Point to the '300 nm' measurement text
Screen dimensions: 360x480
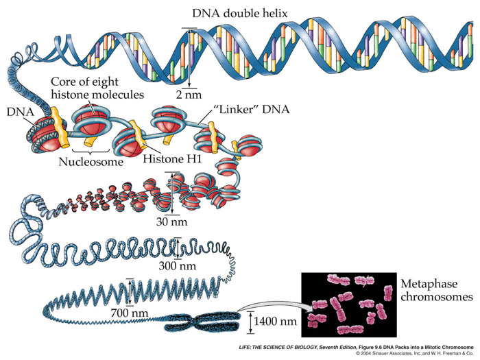pos(192,265)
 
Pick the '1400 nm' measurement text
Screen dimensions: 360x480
pos(274,320)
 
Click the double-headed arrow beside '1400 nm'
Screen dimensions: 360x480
pos(245,320)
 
